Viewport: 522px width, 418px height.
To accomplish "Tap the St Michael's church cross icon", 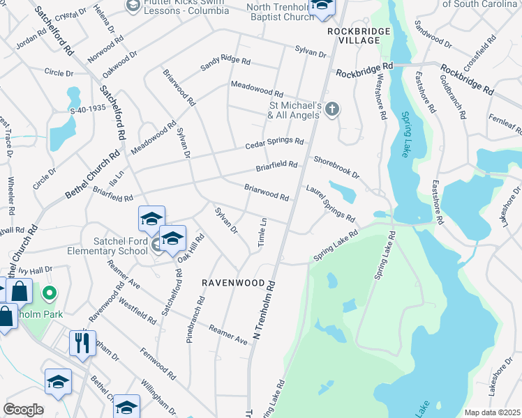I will [x=332, y=108].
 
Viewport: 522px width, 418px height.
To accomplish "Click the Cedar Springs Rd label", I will [x=274, y=144].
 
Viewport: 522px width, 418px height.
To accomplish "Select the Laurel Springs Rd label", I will [x=330, y=203].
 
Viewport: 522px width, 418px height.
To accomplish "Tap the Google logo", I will [x=24, y=410].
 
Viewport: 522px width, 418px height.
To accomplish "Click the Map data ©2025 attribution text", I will [x=492, y=412].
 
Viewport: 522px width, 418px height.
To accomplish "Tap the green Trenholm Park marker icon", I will [x=49, y=295].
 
